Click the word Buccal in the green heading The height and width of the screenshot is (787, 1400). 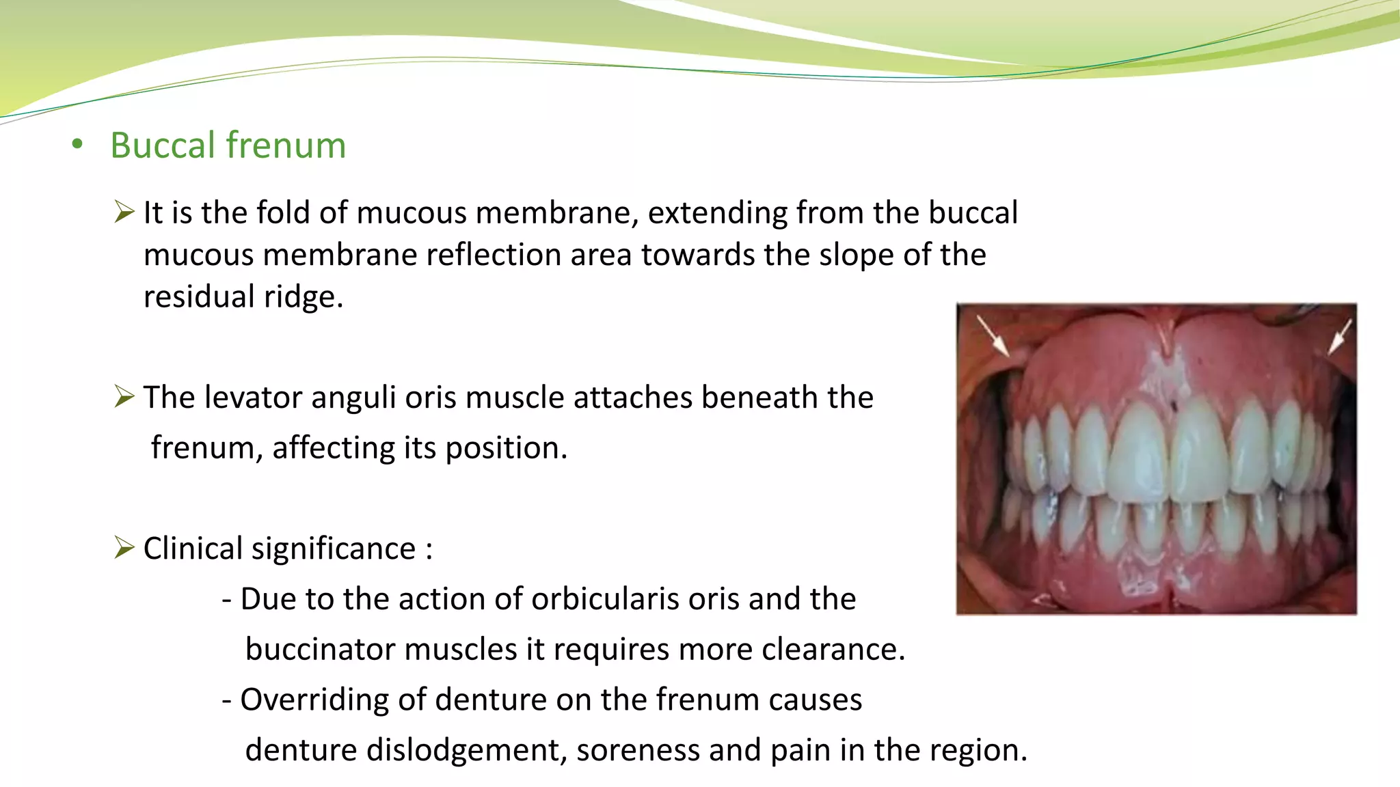click(x=163, y=146)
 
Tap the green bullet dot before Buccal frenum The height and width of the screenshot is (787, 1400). click(x=77, y=144)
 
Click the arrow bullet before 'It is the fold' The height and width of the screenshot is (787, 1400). click(x=124, y=212)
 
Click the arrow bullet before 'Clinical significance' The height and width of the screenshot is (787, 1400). click(x=124, y=548)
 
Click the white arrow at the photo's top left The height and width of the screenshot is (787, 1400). click(x=993, y=335)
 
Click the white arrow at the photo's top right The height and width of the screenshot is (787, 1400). click(x=1340, y=337)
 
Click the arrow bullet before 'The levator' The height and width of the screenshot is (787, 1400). click(x=124, y=396)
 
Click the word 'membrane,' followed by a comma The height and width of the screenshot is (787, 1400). click(x=557, y=212)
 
